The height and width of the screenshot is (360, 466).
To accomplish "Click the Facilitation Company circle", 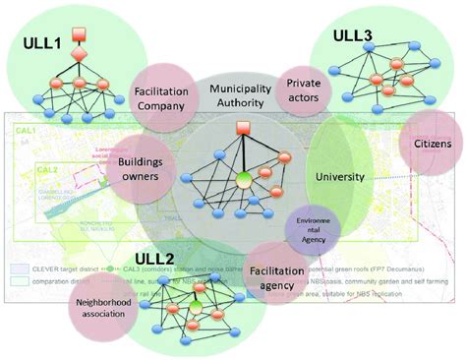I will tap(162, 97).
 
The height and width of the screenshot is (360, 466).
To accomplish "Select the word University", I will tap(340, 177).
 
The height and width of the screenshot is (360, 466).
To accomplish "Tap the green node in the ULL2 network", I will tap(195, 307).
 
